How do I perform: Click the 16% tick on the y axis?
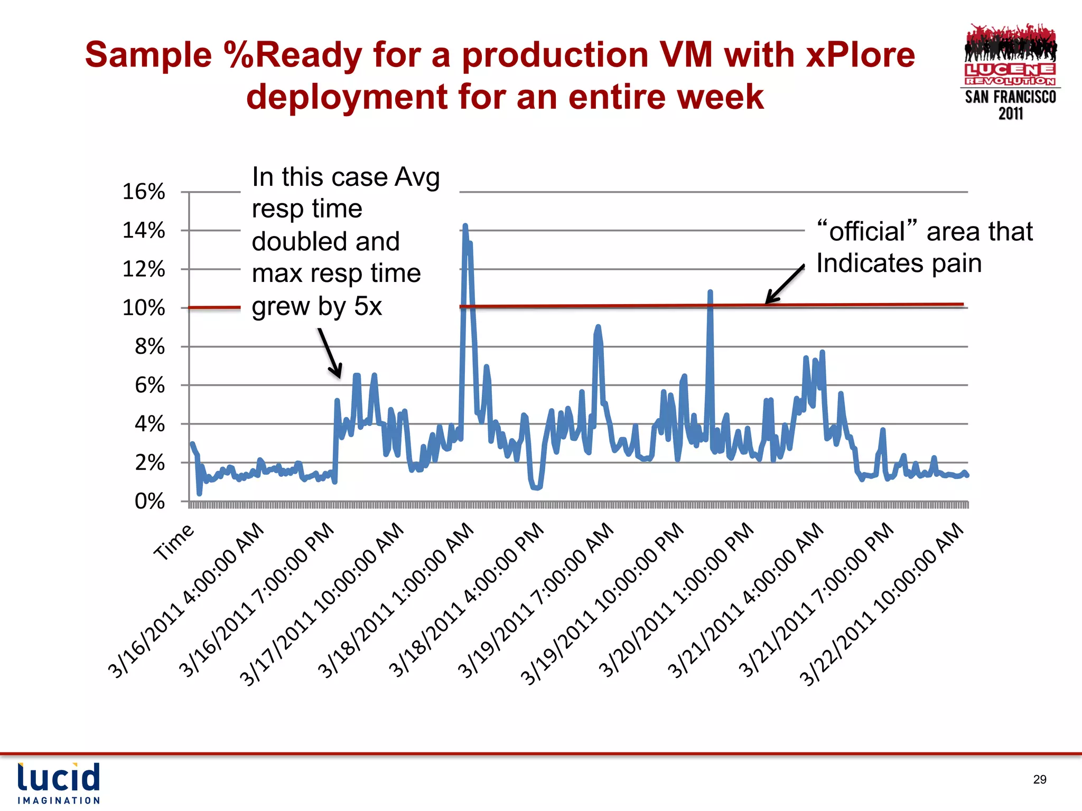click(144, 192)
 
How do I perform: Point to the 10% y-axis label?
click(144, 308)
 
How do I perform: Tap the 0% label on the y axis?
click(150, 502)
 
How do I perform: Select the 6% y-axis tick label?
click(150, 385)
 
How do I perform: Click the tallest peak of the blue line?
click(465, 227)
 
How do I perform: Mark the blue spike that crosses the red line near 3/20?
click(710, 294)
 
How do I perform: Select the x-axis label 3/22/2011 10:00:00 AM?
click(883, 605)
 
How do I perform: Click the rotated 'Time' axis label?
click(174, 542)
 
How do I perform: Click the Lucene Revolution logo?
click(1010, 72)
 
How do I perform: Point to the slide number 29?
click(1039, 779)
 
